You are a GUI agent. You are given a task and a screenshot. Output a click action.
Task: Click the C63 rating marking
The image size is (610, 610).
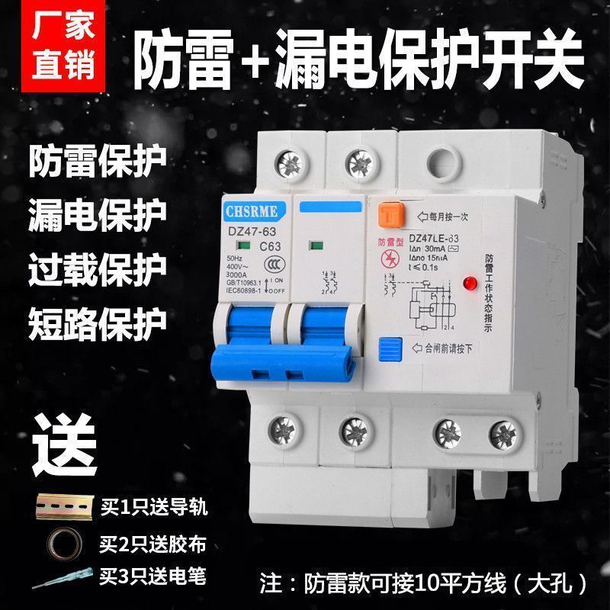[267, 246]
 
